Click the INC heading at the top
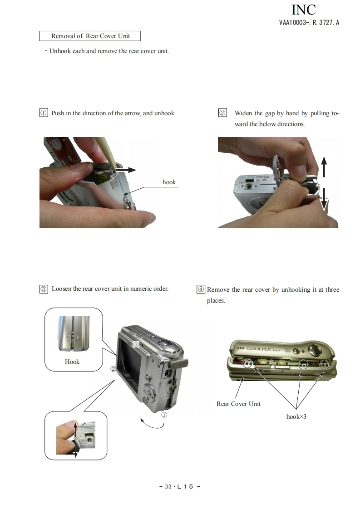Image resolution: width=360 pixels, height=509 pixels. (303, 10)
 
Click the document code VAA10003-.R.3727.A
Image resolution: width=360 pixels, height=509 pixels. (309, 22)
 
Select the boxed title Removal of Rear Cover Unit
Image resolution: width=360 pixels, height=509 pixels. (90, 36)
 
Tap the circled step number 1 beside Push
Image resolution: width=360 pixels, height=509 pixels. (44, 113)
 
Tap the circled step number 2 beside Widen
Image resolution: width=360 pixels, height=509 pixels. (222, 113)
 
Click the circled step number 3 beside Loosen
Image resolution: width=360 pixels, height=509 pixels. (44, 289)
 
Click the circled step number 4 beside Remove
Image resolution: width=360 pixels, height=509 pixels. (201, 289)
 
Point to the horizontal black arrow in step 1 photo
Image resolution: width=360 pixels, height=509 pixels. (126, 170)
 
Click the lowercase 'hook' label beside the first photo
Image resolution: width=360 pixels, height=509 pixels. (169, 182)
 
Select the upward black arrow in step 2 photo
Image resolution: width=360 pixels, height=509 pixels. (324, 167)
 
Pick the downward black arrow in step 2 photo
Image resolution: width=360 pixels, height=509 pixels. (324, 199)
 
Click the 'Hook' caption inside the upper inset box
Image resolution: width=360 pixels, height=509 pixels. (72, 362)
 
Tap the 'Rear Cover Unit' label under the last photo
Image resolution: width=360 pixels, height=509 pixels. (238, 404)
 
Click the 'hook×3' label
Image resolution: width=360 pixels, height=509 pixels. (296, 416)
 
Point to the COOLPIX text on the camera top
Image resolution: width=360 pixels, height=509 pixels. (263, 349)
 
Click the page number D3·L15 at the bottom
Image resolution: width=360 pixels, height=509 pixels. (180, 486)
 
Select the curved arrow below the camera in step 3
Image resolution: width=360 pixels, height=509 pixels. (153, 425)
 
